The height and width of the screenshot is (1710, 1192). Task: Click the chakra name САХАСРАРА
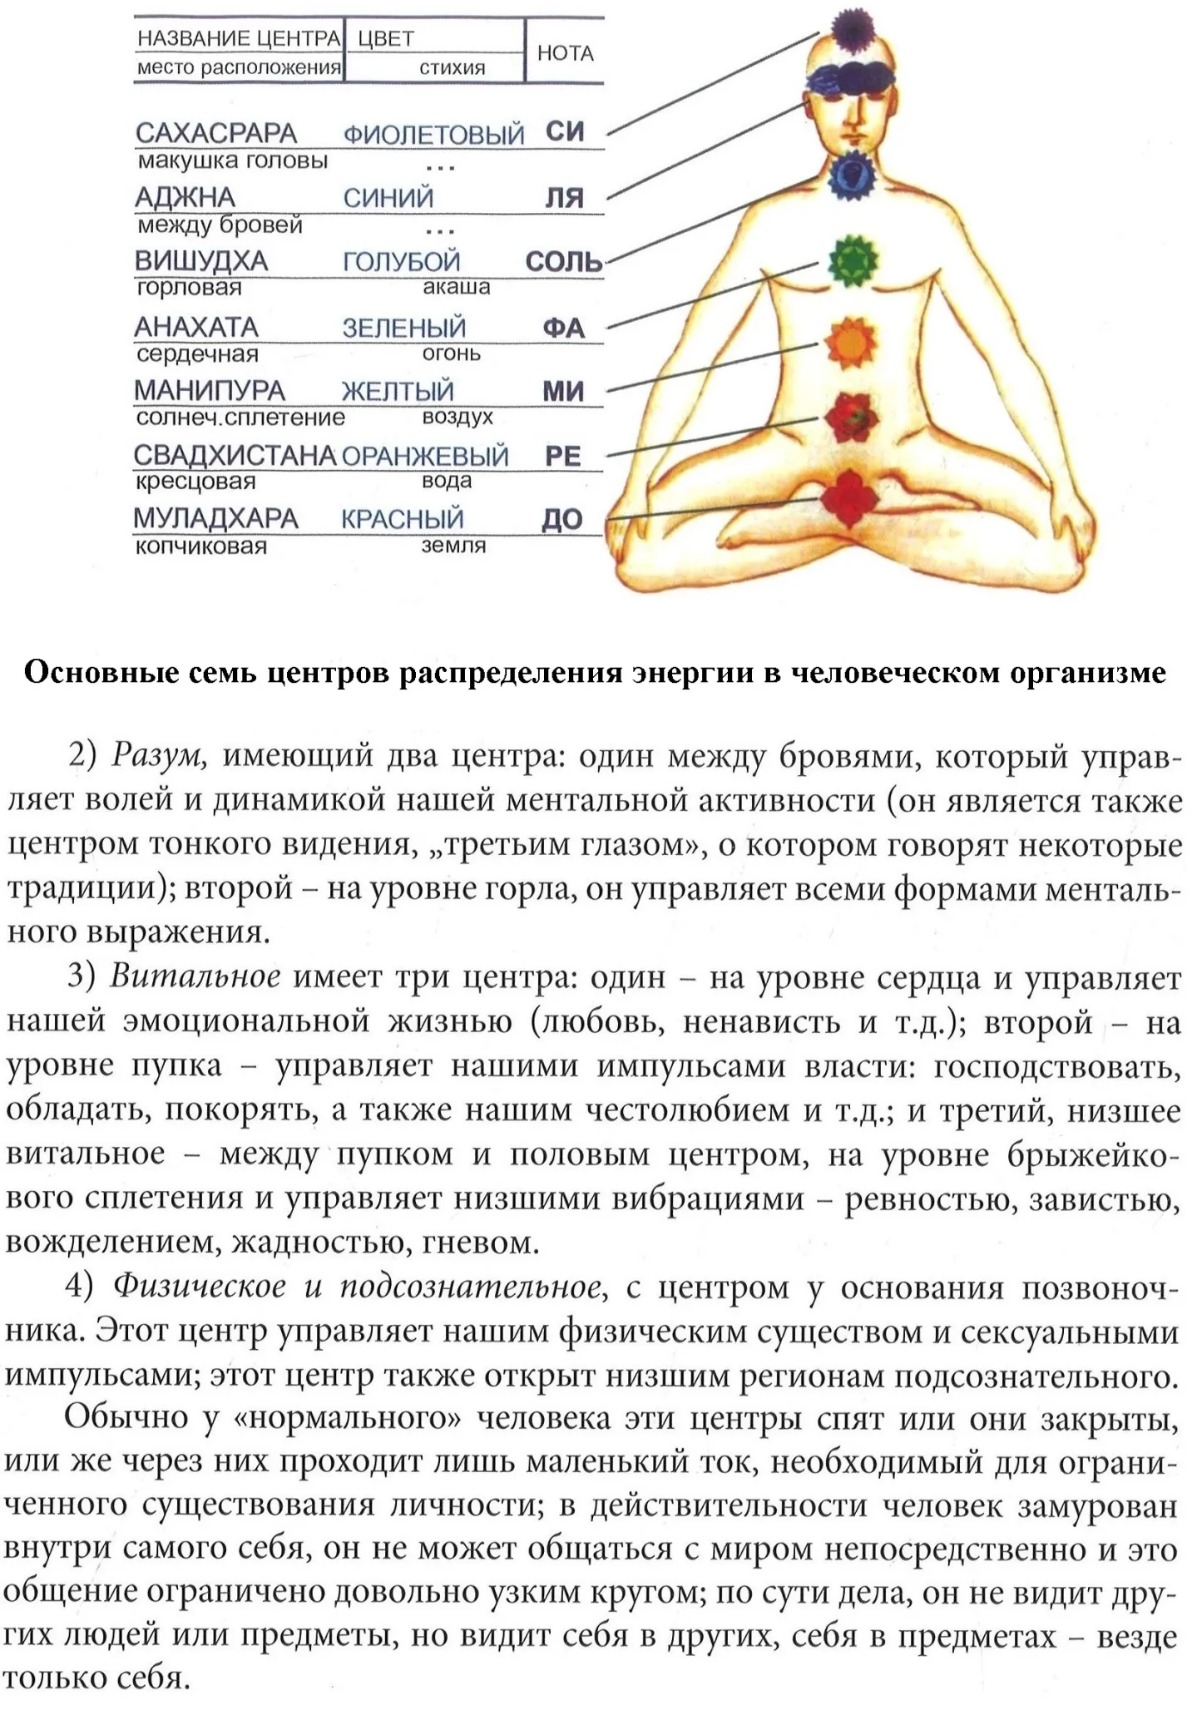click(x=215, y=133)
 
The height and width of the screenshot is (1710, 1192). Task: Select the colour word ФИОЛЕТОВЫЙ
click(x=433, y=134)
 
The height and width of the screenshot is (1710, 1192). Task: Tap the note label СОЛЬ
click(x=563, y=262)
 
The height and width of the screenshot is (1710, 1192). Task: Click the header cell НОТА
click(x=565, y=53)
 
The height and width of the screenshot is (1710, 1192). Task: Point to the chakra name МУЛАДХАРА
click(x=215, y=518)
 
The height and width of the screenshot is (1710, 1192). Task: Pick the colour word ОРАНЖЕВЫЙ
click(x=424, y=456)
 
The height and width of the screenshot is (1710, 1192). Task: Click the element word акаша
click(x=456, y=288)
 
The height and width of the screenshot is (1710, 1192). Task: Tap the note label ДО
click(x=561, y=520)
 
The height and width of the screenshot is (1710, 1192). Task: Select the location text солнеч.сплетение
click(x=240, y=418)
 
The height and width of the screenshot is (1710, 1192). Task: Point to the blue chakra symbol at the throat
click(x=851, y=175)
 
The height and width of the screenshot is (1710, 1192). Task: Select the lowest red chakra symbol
click(x=848, y=497)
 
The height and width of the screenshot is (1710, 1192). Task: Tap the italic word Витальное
click(x=195, y=976)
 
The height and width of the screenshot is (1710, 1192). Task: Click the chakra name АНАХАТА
click(x=196, y=327)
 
